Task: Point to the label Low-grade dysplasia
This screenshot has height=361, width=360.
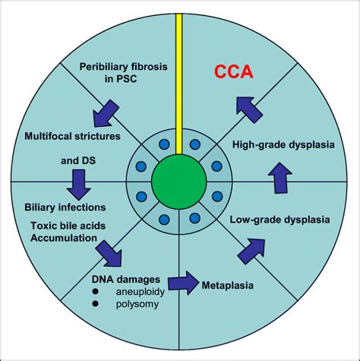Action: pos(279,221)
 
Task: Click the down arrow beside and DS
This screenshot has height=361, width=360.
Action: pos(77,180)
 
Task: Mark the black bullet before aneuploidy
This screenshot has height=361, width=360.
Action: pos(96,293)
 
